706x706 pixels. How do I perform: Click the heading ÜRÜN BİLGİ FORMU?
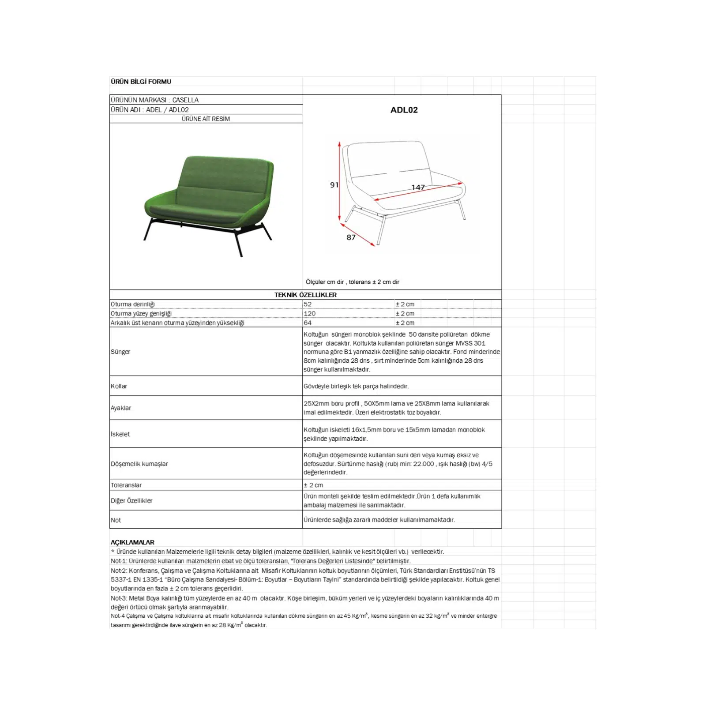click(141, 82)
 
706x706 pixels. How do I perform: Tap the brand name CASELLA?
click(185, 100)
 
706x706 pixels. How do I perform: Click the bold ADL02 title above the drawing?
click(404, 110)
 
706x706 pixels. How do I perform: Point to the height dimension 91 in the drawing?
click(334, 185)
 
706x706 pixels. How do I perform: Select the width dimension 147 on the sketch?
click(418, 187)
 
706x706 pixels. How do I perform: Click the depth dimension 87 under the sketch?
click(351, 237)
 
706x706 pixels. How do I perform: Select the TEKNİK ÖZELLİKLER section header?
click(305, 295)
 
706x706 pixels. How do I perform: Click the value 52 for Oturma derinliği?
click(308, 304)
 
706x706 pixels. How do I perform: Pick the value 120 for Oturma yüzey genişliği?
click(309, 313)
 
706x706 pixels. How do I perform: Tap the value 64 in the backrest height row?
click(308, 323)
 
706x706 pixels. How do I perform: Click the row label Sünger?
click(120, 352)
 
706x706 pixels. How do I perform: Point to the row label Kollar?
click(119, 386)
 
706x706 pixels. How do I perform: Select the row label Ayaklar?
click(121, 408)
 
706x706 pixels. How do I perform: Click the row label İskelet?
click(120, 434)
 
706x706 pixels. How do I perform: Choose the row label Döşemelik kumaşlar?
click(139, 464)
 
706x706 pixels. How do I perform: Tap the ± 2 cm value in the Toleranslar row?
click(313, 485)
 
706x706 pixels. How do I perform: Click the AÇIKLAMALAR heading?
click(132, 542)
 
